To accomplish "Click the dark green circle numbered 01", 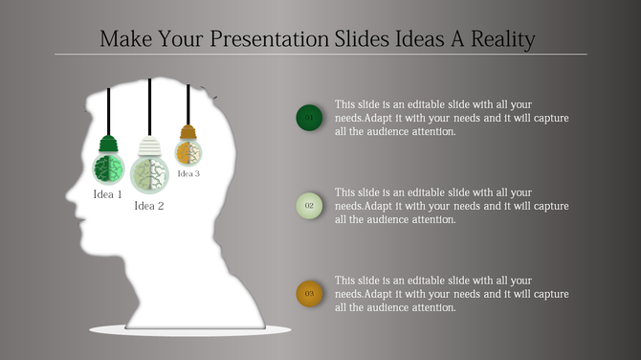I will (x=309, y=118).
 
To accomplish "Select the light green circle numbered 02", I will (x=309, y=205).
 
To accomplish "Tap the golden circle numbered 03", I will (x=309, y=293).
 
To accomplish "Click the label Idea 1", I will (x=107, y=194).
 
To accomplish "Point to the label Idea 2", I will (x=149, y=206).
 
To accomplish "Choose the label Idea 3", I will (x=188, y=173).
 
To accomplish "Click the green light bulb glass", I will (x=107, y=169).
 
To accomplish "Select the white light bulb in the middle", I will (x=149, y=175).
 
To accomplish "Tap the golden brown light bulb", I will (x=188, y=151).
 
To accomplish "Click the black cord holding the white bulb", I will (x=149, y=105).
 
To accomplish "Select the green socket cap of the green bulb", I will (x=107, y=145).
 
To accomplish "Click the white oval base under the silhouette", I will (x=190, y=330).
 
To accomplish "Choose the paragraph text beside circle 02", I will (x=452, y=206).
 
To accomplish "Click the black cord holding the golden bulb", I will (x=188, y=103).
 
